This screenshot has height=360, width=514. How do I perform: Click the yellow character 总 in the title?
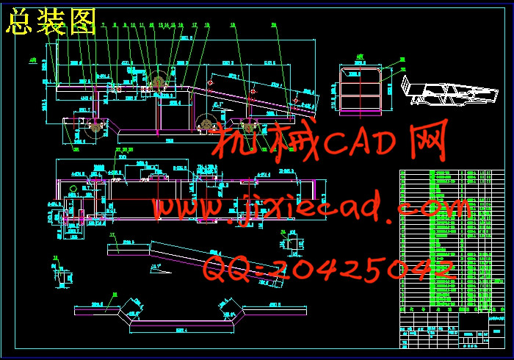click(x=18, y=24)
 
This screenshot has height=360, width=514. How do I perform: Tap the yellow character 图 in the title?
click(x=82, y=24)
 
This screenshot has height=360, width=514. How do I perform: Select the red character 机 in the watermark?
click(x=234, y=143)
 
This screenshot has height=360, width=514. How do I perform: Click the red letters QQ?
click(x=228, y=270)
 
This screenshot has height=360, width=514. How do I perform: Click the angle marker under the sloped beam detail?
click(x=155, y=267)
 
